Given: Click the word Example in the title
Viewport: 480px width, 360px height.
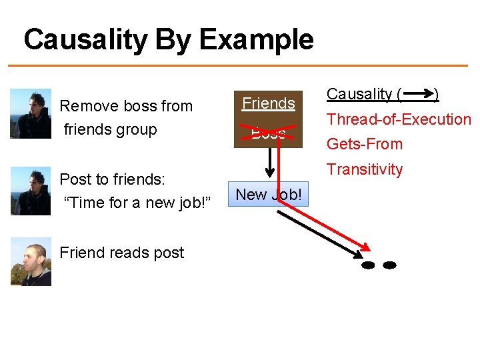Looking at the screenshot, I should pyautogui.click(x=256, y=40).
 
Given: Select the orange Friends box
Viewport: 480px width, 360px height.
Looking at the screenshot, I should pyautogui.click(x=269, y=103).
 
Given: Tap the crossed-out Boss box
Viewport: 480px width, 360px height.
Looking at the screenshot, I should pyautogui.click(x=269, y=133).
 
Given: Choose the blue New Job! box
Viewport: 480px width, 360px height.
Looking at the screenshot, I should pyautogui.click(x=269, y=195).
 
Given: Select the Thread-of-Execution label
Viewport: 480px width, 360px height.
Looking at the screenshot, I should pyautogui.click(x=399, y=119).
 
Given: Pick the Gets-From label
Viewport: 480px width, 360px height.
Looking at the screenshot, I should pyautogui.click(x=364, y=144).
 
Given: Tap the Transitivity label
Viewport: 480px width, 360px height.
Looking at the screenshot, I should pyautogui.click(x=364, y=169).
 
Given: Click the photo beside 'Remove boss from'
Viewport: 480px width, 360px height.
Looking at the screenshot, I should pyautogui.click(x=31, y=113).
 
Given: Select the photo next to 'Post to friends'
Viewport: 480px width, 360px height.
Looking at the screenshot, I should pyautogui.click(x=31, y=191).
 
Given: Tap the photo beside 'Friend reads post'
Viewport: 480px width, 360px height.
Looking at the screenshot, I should pyautogui.click(x=31, y=261).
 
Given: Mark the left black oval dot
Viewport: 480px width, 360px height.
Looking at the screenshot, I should pyautogui.click(x=367, y=265).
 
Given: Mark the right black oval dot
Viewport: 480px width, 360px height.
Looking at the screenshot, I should pyautogui.click(x=389, y=265).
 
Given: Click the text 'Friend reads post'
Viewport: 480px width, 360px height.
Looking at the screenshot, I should pyautogui.click(x=121, y=253).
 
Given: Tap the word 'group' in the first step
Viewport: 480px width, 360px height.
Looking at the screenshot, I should pyautogui.click(x=136, y=129).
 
